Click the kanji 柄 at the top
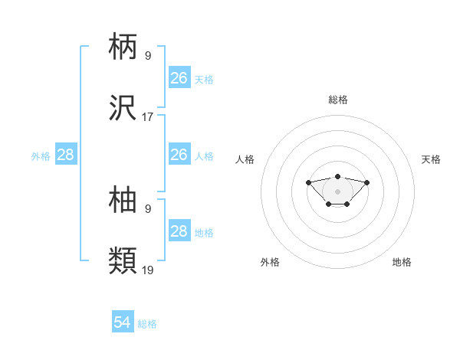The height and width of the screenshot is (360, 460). coord(123,47)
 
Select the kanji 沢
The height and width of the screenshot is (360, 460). coord(123,109)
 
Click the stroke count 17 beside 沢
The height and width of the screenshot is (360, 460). coord(148,117)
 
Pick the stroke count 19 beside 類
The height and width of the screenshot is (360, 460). coord(148,270)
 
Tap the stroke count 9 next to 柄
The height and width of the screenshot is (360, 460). coord(148,55)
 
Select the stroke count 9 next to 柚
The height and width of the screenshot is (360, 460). coord(148,208)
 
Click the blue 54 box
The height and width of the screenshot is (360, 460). coord(123,322)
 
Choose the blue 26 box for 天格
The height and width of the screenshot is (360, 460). coord(179,78)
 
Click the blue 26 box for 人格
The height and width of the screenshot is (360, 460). coord(179,155)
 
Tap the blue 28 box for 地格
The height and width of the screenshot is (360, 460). coord(179,231)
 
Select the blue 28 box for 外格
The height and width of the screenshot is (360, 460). coord(66,155)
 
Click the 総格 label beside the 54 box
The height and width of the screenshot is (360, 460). coord(147,324)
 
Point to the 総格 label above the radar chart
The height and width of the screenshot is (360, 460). coord(338,100)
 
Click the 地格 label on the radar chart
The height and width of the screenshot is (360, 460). coord(402,262)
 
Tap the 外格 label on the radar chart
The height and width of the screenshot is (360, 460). coord(270,262)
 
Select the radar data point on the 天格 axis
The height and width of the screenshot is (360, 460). coord(366,182)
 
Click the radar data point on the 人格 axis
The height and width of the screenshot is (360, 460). coord(309,182)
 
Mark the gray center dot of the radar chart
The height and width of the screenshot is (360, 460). coord(338,191)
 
